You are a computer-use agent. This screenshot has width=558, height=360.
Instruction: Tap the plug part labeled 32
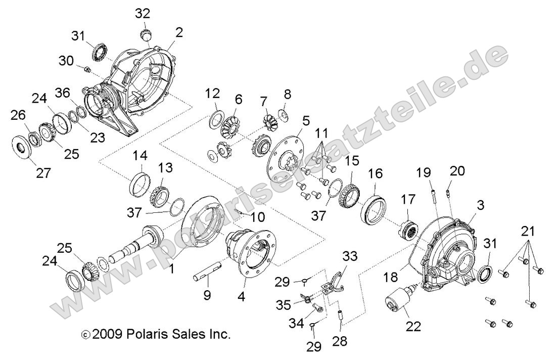tap(145, 35)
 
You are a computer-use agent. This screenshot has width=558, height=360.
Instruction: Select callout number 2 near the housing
tap(179, 33)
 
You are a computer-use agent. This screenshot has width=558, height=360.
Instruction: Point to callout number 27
tap(43, 173)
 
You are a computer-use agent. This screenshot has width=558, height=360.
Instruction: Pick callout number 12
tap(212, 94)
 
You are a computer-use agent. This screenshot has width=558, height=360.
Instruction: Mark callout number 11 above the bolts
tap(321, 133)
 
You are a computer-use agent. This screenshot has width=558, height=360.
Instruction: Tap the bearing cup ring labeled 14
tap(139, 184)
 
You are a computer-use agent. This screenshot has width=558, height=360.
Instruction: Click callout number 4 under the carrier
tap(241, 297)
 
